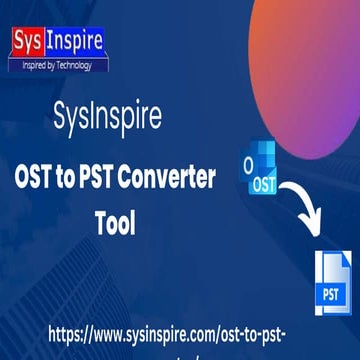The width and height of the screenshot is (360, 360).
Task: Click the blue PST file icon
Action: click(x=334, y=286)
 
